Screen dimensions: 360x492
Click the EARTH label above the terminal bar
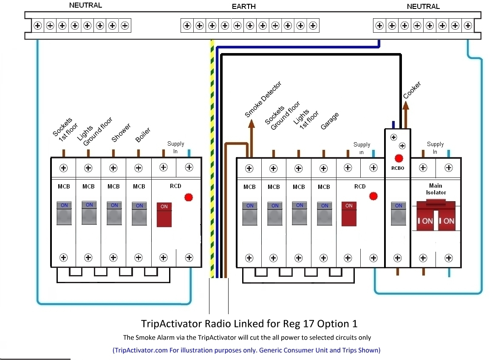[244, 6]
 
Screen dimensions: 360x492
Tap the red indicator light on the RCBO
[399, 159]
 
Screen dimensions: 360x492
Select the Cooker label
[412, 90]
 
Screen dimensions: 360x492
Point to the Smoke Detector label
[263, 99]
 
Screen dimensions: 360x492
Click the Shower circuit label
[121, 132]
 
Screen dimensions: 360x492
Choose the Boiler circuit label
[143, 135]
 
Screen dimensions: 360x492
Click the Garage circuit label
[330, 121]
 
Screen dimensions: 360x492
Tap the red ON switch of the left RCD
[164, 214]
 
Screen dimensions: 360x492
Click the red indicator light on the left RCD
[189, 197]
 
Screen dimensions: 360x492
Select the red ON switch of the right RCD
[349, 214]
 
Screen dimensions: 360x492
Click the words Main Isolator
[435, 189]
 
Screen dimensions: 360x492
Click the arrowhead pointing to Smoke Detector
[251, 124]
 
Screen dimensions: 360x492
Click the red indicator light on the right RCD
[373, 196]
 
